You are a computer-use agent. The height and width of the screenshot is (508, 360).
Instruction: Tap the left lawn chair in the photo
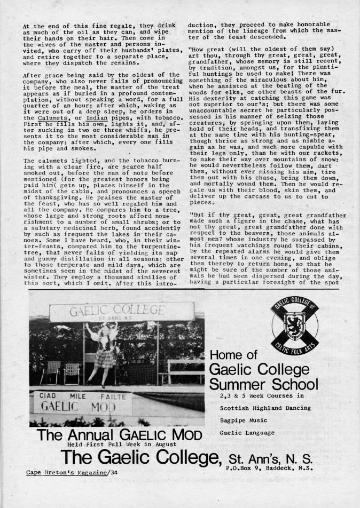tap(51, 371)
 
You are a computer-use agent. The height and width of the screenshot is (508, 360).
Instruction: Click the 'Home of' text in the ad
tap(234, 355)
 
